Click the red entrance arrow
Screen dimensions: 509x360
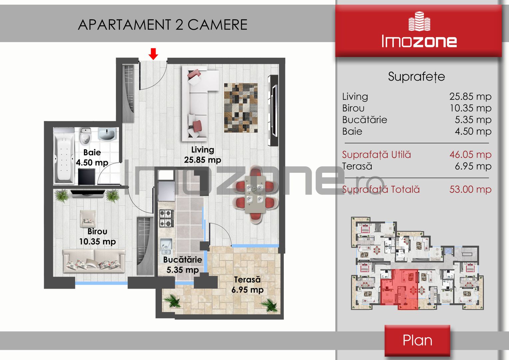pyautogui.click(x=153, y=54)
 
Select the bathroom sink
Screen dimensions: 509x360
pyautogui.click(x=107, y=134)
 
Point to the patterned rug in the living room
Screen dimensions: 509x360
pyautogui.click(x=241, y=108)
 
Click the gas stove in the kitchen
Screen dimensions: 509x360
pyautogui.click(x=166, y=218)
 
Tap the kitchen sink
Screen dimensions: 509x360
pyautogui.click(x=166, y=246)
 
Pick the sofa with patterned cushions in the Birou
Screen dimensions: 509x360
pyautogui.click(x=94, y=261)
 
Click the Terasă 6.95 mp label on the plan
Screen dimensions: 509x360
pyautogui.click(x=248, y=285)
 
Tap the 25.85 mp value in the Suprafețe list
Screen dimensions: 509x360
pyautogui.click(x=470, y=97)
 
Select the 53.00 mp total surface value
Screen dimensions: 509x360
pyautogui.click(x=470, y=189)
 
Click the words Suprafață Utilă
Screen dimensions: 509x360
pyautogui.click(x=376, y=155)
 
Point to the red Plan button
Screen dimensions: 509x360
pyautogui.click(x=417, y=340)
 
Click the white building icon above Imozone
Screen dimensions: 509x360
pyautogui.click(x=419, y=21)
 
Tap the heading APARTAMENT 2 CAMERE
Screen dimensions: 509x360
pyautogui.click(x=163, y=25)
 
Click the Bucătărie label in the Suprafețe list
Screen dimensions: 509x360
pyautogui.click(x=364, y=120)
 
